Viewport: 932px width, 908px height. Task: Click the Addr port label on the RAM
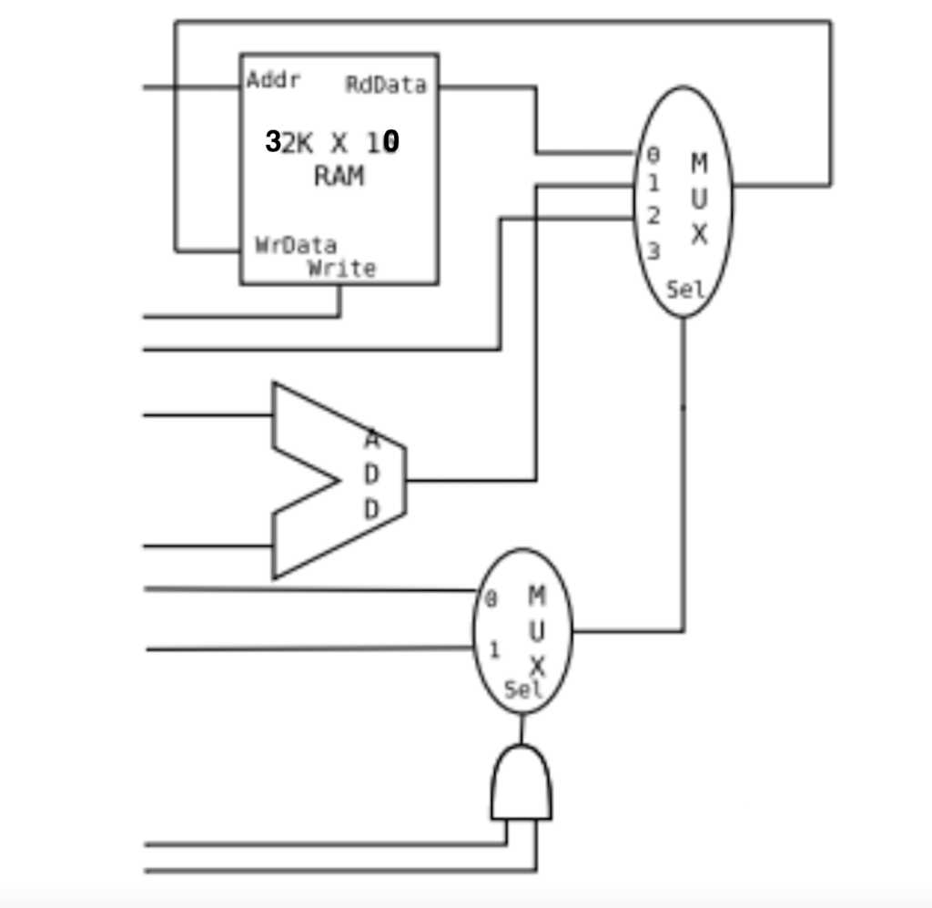click(273, 80)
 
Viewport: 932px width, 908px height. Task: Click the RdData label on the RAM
click(385, 85)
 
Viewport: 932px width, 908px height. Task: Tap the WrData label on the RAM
click(295, 245)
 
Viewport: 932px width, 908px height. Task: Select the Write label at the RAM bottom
click(341, 268)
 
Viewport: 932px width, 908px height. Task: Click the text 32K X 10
click(332, 142)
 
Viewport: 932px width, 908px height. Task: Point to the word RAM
click(339, 176)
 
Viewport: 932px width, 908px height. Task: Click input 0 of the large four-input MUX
click(653, 156)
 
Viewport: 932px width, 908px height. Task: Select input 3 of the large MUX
click(653, 250)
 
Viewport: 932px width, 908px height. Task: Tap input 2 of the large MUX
click(653, 217)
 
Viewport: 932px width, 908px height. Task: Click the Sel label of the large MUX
click(685, 290)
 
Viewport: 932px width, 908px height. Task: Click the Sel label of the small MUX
click(522, 689)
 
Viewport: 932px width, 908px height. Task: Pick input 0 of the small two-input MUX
click(491, 599)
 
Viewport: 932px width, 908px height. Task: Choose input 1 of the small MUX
click(494, 649)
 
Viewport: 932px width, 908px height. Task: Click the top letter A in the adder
click(371, 440)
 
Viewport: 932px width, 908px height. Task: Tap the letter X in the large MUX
click(698, 234)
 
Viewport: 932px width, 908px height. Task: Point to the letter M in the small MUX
click(536, 596)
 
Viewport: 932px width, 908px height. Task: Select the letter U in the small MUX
click(536, 630)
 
